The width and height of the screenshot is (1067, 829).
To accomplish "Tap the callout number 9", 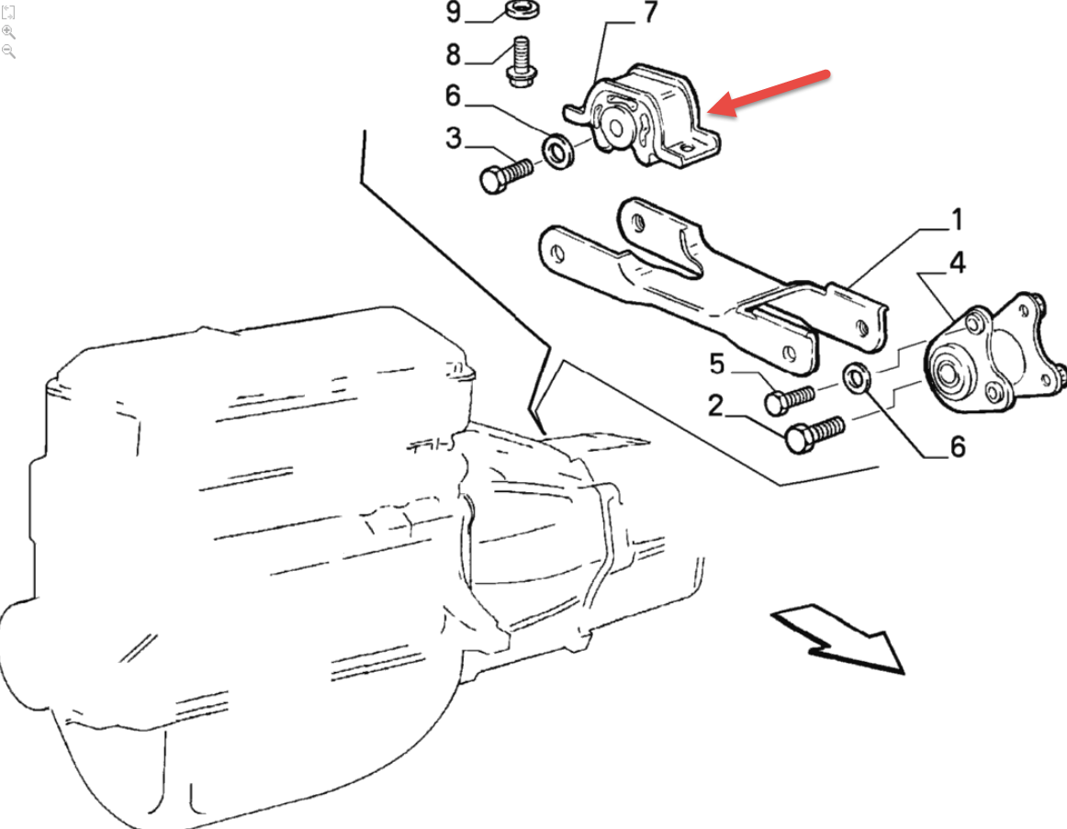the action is [454, 12].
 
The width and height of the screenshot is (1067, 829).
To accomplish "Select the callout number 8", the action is [454, 54].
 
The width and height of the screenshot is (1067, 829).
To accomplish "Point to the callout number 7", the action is [650, 12].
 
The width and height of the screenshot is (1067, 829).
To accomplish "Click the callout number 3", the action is [454, 138].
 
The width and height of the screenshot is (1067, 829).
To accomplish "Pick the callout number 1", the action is [957, 219].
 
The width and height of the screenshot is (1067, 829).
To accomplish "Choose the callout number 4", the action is [958, 263].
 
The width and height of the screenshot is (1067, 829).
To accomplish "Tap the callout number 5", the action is [716, 364].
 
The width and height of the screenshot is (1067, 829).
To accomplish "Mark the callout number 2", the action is [715, 406].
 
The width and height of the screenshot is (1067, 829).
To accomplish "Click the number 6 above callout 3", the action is [454, 95].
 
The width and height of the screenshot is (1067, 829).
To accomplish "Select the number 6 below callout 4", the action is [958, 447].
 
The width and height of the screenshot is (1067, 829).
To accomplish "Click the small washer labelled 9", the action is [523, 10].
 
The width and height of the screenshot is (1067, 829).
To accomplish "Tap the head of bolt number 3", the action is [493, 180].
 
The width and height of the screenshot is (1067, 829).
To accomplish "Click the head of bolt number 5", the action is [777, 403].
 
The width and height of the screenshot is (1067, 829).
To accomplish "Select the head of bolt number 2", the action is [798, 439].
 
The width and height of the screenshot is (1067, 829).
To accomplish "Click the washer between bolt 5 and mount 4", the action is [857, 378].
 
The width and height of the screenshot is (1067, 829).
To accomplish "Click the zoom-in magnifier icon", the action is [8, 32].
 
